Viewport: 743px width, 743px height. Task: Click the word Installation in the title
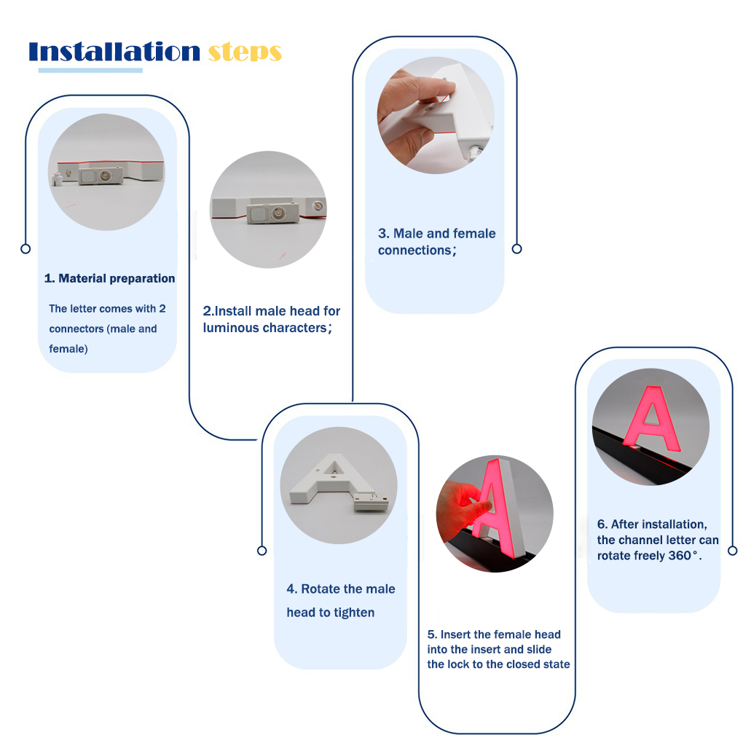pos(114,51)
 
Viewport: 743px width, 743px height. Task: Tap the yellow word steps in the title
pos(245,53)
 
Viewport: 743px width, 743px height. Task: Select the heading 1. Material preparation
pos(109,278)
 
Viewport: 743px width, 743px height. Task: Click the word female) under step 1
pos(68,349)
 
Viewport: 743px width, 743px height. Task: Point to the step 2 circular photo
pos(268,210)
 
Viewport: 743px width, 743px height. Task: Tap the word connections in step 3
pos(414,250)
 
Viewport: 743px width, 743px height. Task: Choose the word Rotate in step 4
pos(321,589)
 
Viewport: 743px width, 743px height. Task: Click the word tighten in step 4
pos(354,613)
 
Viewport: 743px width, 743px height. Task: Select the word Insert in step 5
pos(455,634)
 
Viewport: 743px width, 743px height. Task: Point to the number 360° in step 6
pos(683,555)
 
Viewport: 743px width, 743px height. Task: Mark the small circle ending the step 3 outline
pos(517,249)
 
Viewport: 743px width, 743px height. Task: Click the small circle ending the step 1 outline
pos(25,249)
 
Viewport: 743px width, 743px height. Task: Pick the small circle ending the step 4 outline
pos(262,551)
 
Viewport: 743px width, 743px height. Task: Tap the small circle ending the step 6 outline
pos(733,551)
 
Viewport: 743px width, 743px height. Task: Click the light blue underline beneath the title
pos(90,71)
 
